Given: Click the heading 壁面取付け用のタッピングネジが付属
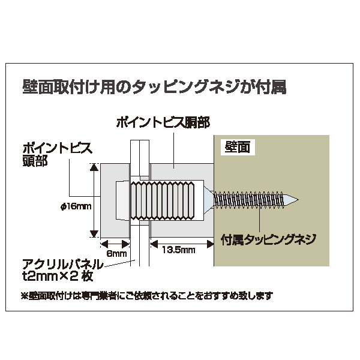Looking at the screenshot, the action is pos(154,86).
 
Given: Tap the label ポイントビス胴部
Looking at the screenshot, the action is pos(163,122).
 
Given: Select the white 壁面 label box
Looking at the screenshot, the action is pos(238,147).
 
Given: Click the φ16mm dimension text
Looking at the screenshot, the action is pos(76,206).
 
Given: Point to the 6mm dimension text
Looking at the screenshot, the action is pos(116,253).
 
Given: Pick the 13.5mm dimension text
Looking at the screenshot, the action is pos(179,250).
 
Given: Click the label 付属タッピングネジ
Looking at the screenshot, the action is pos(268,239).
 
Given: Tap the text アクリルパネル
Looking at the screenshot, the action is pos(62,264).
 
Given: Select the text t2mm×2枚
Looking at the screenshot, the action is pos(58,276).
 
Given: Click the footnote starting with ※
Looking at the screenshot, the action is pos(147,295).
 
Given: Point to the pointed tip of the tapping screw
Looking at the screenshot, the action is pos(298,200).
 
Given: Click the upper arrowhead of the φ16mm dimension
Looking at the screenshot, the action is pos(94,167).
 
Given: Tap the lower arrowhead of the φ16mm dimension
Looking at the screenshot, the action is pos(94,233).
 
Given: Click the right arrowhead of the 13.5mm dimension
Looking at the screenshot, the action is pos(211,244).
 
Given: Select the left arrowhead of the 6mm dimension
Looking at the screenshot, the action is pos(104,244).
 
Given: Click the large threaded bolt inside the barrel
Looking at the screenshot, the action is pos(163,200).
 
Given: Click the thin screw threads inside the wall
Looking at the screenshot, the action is pos(248,200).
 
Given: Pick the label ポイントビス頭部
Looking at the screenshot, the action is pos(58,154).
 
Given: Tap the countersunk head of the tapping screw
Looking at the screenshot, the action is pos(209,200).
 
